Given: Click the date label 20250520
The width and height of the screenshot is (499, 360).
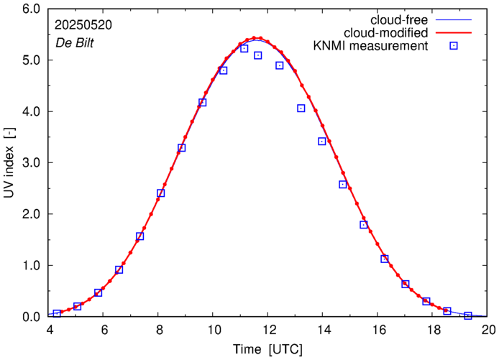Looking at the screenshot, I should [82, 24].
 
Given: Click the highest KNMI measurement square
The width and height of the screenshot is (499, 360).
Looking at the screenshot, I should [244, 49].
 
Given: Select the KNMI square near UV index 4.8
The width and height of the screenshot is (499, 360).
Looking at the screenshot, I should [224, 70].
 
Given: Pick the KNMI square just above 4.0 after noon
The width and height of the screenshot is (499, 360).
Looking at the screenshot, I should [301, 109].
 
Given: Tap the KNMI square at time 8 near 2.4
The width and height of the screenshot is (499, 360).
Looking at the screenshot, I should [160, 193].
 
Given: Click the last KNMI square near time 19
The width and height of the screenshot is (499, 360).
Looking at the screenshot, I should [468, 315].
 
